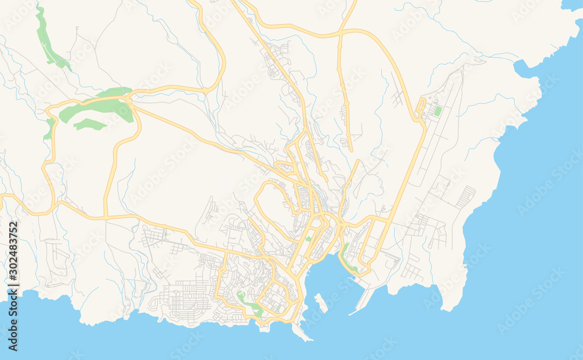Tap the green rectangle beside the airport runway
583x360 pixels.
(438, 111)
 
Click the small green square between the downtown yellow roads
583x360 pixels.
(308, 239)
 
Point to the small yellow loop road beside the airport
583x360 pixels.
(420, 111)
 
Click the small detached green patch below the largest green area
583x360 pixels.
(89, 124)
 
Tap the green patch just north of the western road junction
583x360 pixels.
(49, 128)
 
